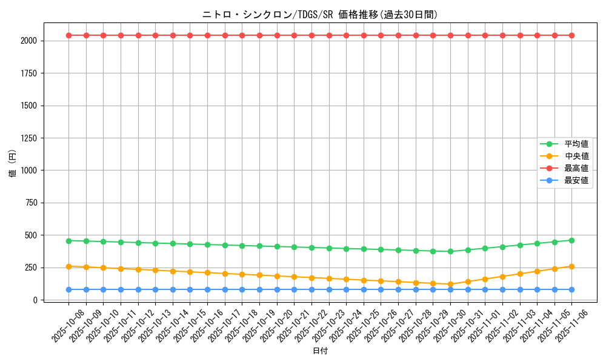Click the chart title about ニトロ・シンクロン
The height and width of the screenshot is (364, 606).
coord(319,15)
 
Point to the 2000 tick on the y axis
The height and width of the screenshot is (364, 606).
coord(30,41)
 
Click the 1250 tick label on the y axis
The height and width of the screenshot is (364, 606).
coord(30,138)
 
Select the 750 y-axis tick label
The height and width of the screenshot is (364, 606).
coord(32,203)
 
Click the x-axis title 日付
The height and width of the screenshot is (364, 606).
coord(319,351)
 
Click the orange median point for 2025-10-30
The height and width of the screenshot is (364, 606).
coord(450,284)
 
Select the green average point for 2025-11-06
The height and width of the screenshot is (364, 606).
coord(571,240)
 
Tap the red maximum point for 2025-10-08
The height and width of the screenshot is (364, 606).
coord(68,35)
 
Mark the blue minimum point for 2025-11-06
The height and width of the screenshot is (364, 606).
coord(571,289)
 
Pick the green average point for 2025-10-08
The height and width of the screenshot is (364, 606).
coord(68,241)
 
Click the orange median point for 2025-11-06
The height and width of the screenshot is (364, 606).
coord(571,266)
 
